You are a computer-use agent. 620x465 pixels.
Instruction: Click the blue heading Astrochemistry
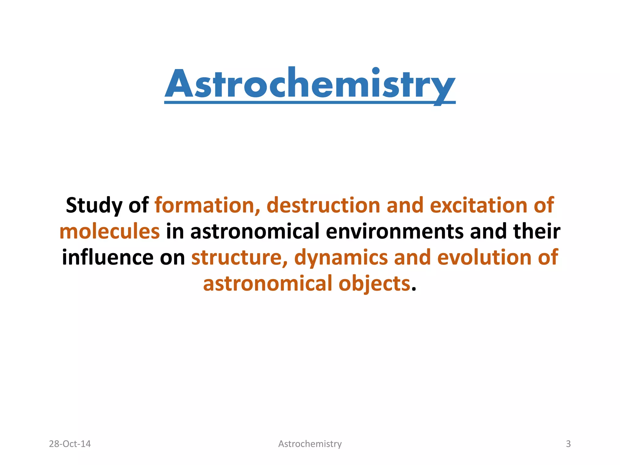click(x=310, y=84)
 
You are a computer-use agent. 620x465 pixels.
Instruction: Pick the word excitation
click(x=478, y=205)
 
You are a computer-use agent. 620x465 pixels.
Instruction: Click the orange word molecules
click(x=110, y=232)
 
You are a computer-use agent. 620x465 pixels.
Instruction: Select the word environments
click(x=394, y=232)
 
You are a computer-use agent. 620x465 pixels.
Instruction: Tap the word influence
click(x=107, y=258)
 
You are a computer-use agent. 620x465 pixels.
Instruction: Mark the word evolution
click(x=484, y=258)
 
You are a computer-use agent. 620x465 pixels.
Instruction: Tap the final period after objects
click(x=414, y=289)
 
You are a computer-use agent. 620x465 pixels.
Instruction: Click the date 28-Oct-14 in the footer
click(x=70, y=444)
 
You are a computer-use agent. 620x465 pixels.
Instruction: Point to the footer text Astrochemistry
click(x=310, y=444)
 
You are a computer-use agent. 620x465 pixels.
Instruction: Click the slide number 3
click(x=568, y=444)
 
